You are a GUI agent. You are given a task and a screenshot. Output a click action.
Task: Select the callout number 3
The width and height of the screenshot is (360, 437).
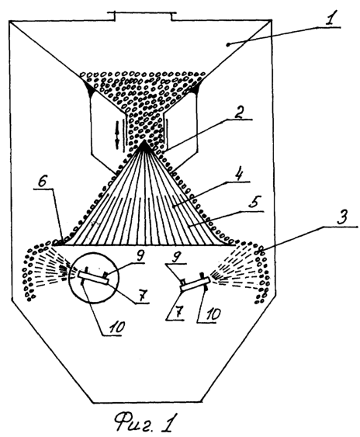[x=342, y=218]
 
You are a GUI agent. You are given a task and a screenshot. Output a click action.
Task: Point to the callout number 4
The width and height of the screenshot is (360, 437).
[x=238, y=174]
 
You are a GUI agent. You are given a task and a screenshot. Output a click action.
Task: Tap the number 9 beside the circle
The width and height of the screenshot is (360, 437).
[x=138, y=257]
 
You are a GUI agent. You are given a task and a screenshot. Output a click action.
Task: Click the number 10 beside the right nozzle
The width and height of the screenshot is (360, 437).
[x=211, y=314]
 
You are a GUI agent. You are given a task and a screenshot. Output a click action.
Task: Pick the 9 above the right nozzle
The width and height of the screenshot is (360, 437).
[x=176, y=257]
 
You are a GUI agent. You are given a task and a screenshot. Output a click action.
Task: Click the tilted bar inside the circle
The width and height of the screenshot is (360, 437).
[x=93, y=278]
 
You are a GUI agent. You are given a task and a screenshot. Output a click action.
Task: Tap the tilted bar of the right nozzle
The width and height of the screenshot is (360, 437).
[x=195, y=284]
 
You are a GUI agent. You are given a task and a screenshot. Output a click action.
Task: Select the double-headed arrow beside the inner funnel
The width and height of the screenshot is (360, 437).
[x=116, y=134]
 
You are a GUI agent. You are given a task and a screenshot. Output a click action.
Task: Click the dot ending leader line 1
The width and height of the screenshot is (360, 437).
[x=228, y=44]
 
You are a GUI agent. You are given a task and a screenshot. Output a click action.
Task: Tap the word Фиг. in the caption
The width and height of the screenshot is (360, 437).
[x=133, y=421]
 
